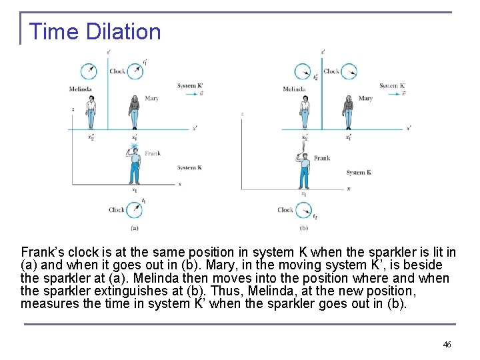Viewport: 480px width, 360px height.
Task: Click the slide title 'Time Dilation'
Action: click(x=95, y=32)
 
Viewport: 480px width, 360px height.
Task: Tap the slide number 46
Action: click(x=447, y=344)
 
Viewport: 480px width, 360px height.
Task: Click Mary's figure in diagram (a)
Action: click(x=134, y=111)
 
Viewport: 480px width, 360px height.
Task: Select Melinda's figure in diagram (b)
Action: click(x=305, y=111)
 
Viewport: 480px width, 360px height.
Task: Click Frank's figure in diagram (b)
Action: click(x=304, y=170)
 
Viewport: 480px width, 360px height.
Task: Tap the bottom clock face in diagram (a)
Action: click(x=135, y=210)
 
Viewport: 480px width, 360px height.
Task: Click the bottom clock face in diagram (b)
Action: click(x=304, y=210)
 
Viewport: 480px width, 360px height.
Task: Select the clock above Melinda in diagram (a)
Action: click(x=88, y=71)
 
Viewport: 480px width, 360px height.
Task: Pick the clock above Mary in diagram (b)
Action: click(x=349, y=71)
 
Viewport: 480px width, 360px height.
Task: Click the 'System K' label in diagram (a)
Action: click(x=189, y=168)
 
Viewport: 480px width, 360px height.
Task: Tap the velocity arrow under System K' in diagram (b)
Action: click(x=392, y=94)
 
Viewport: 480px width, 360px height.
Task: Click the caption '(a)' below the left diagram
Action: click(x=135, y=227)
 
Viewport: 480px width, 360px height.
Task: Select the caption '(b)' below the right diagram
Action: click(x=304, y=227)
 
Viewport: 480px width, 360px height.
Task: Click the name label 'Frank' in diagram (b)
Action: click(x=322, y=159)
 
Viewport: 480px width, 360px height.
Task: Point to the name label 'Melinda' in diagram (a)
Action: click(x=80, y=89)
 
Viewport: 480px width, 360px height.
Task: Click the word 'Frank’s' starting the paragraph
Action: click(x=42, y=253)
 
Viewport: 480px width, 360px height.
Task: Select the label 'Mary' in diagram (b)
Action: click(x=365, y=99)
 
